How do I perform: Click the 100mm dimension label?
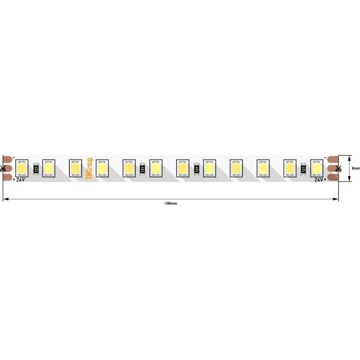(x=170, y=203)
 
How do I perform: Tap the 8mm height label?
(x=356, y=169)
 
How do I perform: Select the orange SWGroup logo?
(x=89, y=169)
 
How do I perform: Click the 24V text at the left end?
(x=20, y=180)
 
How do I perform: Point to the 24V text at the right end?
(x=319, y=180)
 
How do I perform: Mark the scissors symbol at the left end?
(x=3, y=169)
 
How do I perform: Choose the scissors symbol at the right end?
(x=338, y=169)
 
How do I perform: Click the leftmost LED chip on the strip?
(x=22, y=169)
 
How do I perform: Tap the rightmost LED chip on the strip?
(x=317, y=169)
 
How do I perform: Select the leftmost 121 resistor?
(x=36, y=169)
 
